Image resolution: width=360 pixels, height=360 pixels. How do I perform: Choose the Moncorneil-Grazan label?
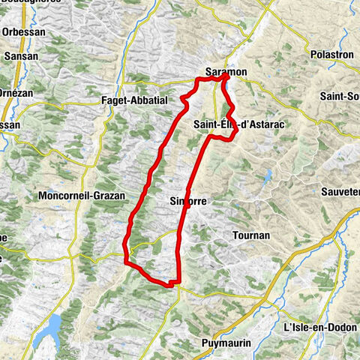click(x=75, y=196)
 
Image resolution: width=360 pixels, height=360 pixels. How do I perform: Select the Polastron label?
click(x=331, y=55)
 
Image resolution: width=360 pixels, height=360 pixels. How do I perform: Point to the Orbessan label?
click(x=23, y=33)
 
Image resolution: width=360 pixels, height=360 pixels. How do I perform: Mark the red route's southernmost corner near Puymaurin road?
click(x=174, y=283)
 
